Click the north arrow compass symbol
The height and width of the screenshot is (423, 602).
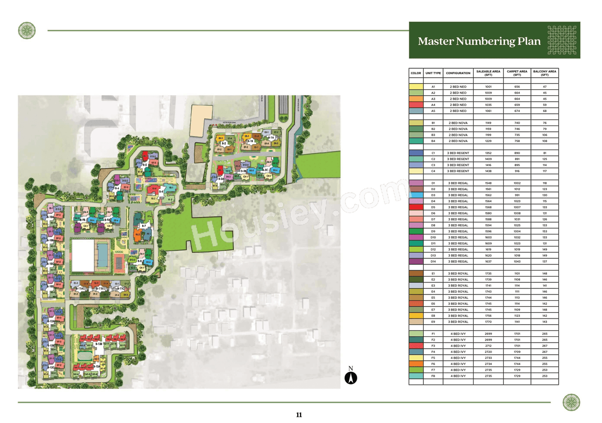coord(351,377)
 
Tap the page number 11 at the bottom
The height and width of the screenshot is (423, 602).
coord(299,415)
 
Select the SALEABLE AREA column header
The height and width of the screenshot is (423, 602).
coord(488,73)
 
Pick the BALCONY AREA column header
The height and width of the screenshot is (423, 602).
coord(545,73)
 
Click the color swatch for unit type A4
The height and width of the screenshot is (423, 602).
coord(416,105)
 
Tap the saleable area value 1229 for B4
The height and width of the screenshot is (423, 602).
coord(488,141)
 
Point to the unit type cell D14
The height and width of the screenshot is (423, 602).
coord(433,262)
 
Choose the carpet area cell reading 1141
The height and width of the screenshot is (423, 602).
coord(517,322)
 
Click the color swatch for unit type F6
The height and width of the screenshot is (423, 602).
coord(416,364)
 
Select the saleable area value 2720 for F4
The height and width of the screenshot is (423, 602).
coord(488,352)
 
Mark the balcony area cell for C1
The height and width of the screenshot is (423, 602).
coord(545,153)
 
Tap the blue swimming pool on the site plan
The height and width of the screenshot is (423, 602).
coord(102,255)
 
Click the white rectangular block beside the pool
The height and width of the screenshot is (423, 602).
coord(83,255)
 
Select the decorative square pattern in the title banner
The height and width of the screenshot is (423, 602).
coord(562,40)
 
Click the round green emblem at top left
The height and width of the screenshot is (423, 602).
coord(27,31)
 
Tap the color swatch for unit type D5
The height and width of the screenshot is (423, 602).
coord(416,208)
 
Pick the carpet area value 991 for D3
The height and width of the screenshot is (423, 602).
coord(517,195)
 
